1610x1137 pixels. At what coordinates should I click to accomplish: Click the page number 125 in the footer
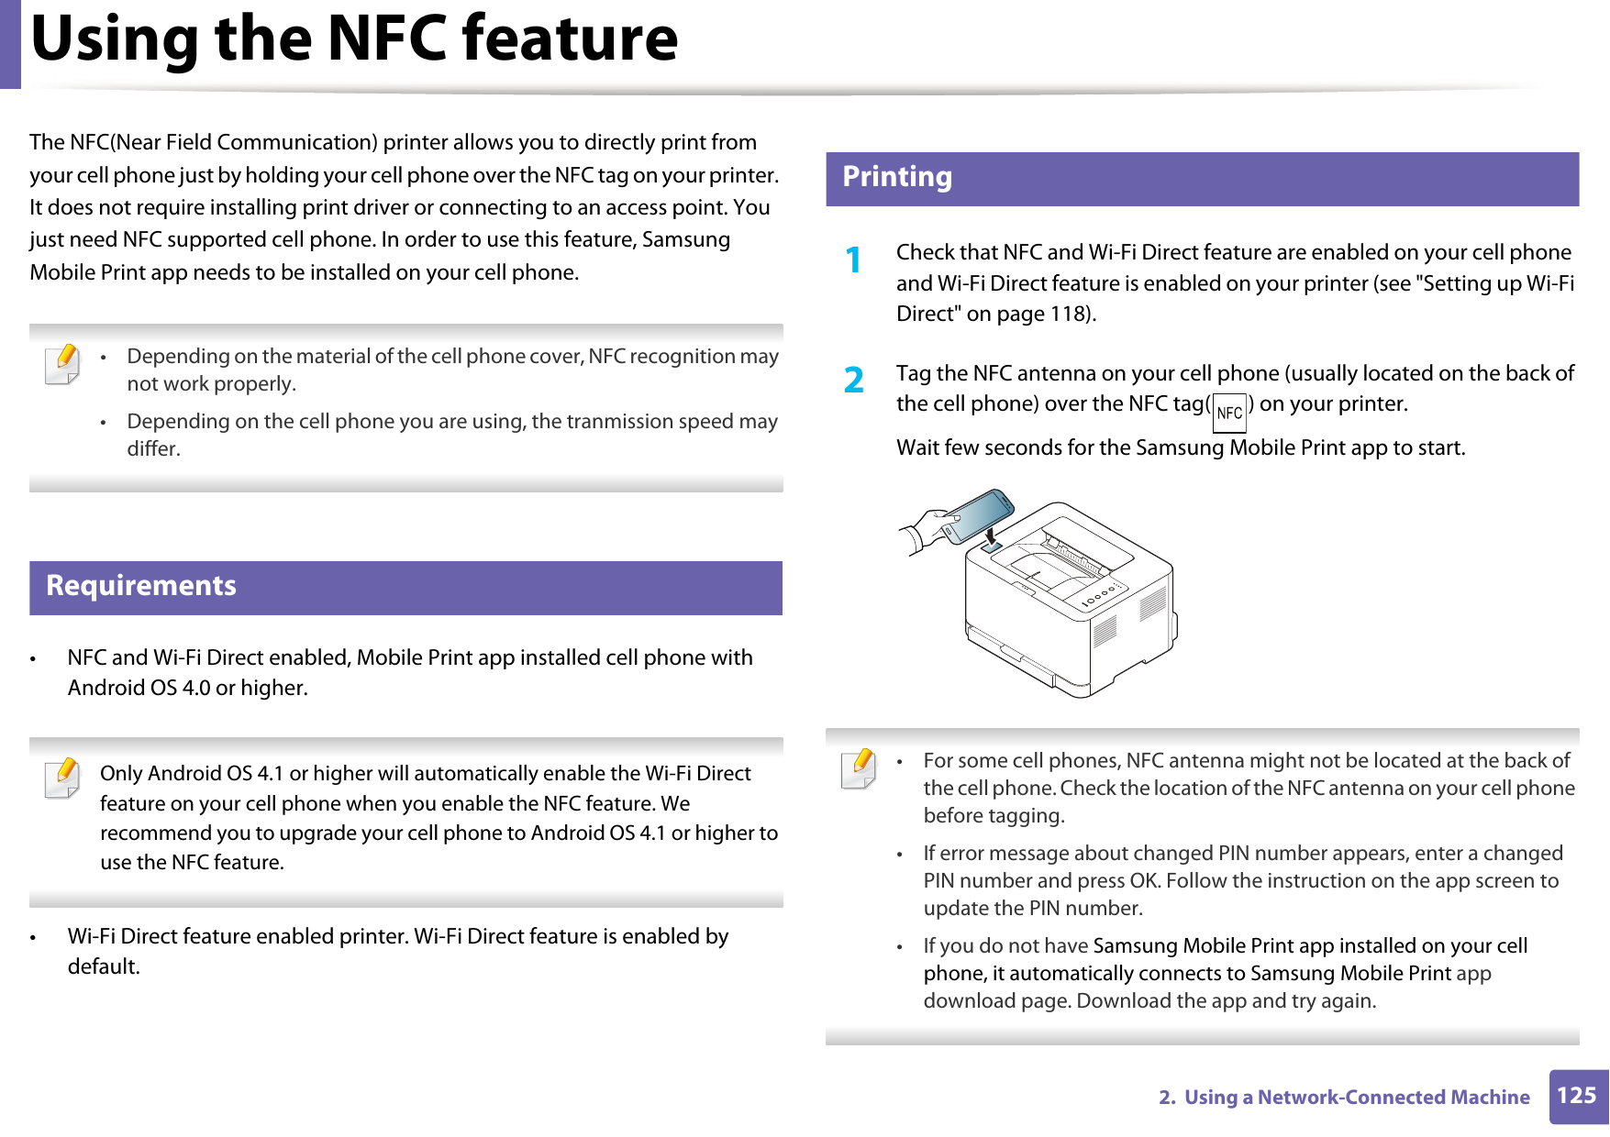(x=1577, y=1096)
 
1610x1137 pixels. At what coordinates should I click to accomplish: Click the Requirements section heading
(x=141, y=586)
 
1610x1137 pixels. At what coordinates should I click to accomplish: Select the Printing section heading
(x=896, y=177)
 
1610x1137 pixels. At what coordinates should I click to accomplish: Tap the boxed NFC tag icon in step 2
(x=1229, y=414)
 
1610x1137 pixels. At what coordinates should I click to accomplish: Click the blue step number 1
(x=853, y=260)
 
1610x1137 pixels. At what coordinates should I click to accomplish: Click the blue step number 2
(x=853, y=380)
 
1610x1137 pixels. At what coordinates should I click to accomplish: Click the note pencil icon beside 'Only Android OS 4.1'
(x=62, y=778)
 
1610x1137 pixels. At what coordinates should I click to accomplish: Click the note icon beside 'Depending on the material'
(x=62, y=363)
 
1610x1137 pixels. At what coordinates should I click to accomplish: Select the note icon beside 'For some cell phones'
(x=859, y=768)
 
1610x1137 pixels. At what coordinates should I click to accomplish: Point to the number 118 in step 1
(x=1069, y=315)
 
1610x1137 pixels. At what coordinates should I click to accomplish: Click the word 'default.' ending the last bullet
(x=104, y=966)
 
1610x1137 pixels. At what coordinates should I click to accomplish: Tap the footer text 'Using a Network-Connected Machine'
(x=1356, y=1098)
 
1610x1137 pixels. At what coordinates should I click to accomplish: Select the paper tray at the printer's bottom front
(x=1018, y=657)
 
